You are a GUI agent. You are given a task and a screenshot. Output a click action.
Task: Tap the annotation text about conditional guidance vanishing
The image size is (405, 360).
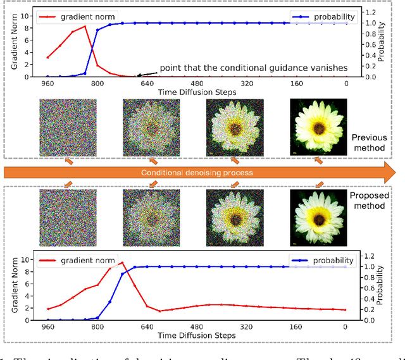tap(253, 67)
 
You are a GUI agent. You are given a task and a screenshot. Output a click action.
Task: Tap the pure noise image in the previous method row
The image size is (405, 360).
tap(68, 127)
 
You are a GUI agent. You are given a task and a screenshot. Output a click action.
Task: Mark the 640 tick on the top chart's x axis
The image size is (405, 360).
tap(147, 84)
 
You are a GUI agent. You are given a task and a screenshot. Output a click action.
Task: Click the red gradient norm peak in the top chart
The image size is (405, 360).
tap(85, 27)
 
